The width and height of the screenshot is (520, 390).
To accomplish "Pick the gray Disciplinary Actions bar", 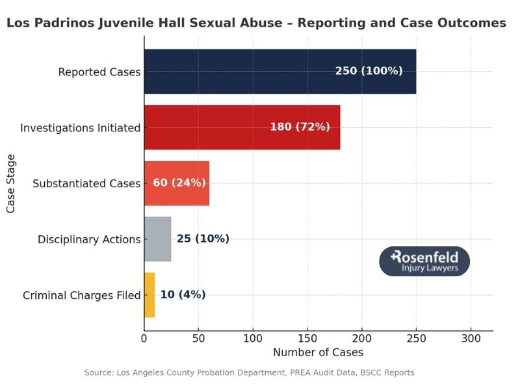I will coord(157,239).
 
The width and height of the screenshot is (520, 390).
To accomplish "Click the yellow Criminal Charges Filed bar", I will coord(149,294).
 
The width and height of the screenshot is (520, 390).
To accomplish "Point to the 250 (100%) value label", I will coord(369,71).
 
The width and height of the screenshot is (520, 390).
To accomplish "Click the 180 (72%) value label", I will coord(300,127).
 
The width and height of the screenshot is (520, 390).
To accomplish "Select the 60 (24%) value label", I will coord(179,183).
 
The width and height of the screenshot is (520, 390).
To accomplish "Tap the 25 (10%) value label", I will coord(203,239).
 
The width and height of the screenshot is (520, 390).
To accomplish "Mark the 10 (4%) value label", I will coord(183,294).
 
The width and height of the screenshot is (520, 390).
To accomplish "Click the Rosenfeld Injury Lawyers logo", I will coord(424,261).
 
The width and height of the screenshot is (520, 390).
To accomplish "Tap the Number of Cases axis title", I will coord(318,352).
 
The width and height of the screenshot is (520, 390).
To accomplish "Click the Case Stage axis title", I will coord(10,183).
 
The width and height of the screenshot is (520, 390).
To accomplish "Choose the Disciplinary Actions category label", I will coord(89,239).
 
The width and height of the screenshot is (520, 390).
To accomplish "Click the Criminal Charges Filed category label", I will coord(82,295).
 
